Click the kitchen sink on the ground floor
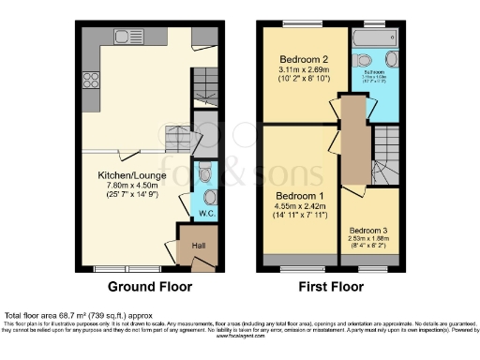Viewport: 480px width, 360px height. click(123, 37)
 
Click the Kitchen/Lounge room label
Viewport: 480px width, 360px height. click(125, 174)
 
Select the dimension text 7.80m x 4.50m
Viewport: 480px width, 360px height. click(125, 185)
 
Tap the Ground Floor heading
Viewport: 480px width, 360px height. click(151, 286)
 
